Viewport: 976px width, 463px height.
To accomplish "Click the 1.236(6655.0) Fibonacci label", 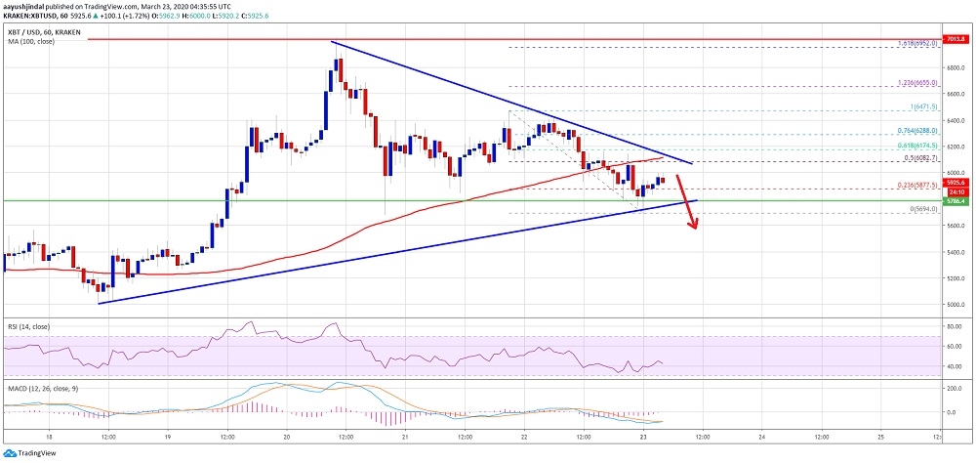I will point(917,83).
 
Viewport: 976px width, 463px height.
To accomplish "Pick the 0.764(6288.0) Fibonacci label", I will point(917,130).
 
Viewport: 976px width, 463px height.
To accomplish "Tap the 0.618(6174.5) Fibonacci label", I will point(917,145).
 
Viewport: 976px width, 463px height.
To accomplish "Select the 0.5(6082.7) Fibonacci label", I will point(919,157).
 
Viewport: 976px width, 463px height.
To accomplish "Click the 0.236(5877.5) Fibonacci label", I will point(917,184).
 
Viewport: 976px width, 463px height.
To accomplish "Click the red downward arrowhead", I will point(696,227).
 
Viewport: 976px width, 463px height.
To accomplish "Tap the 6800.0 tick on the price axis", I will point(955,68).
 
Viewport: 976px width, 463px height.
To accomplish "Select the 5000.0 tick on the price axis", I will point(955,305).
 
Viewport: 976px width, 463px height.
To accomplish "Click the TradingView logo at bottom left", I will point(31,453).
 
